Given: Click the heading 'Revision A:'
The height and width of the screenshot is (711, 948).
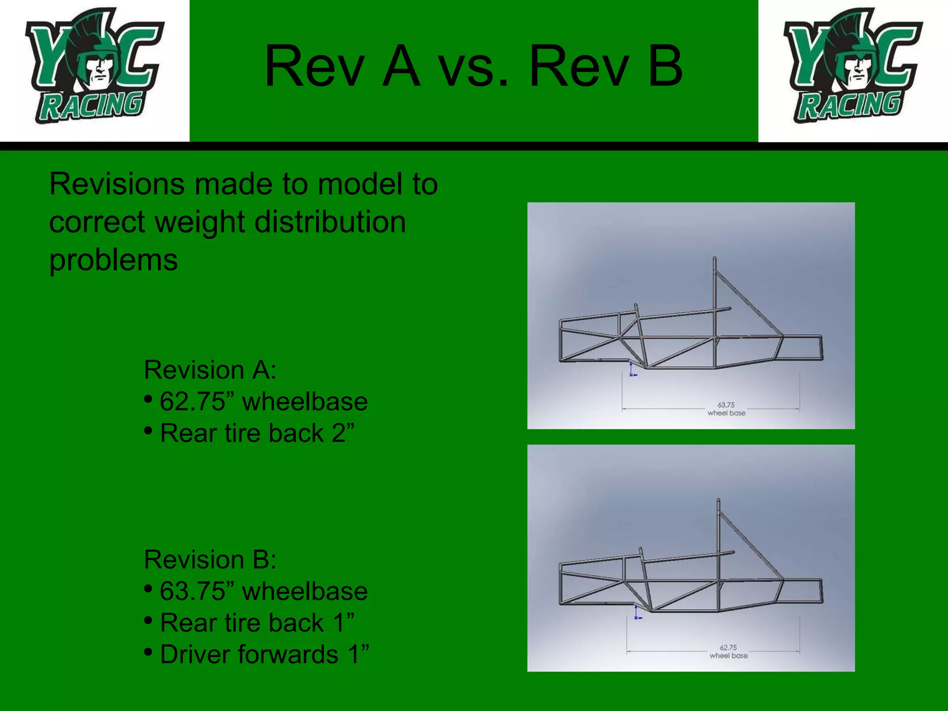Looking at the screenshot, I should tap(210, 370).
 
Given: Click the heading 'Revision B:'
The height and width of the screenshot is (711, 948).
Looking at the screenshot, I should tap(210, 560).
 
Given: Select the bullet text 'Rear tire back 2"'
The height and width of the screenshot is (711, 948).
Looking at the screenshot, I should tap(257, 433).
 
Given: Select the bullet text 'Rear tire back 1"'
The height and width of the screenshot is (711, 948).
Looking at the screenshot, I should tap(257, 623).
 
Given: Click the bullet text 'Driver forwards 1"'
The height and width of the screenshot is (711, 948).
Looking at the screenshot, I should tap(264, 655).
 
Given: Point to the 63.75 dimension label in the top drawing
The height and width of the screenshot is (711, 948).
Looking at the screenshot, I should tap(726, 405).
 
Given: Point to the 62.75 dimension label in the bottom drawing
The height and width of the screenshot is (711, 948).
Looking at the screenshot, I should tap(728, 648).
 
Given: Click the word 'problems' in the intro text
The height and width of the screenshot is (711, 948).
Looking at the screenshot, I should tap(113, 260).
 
